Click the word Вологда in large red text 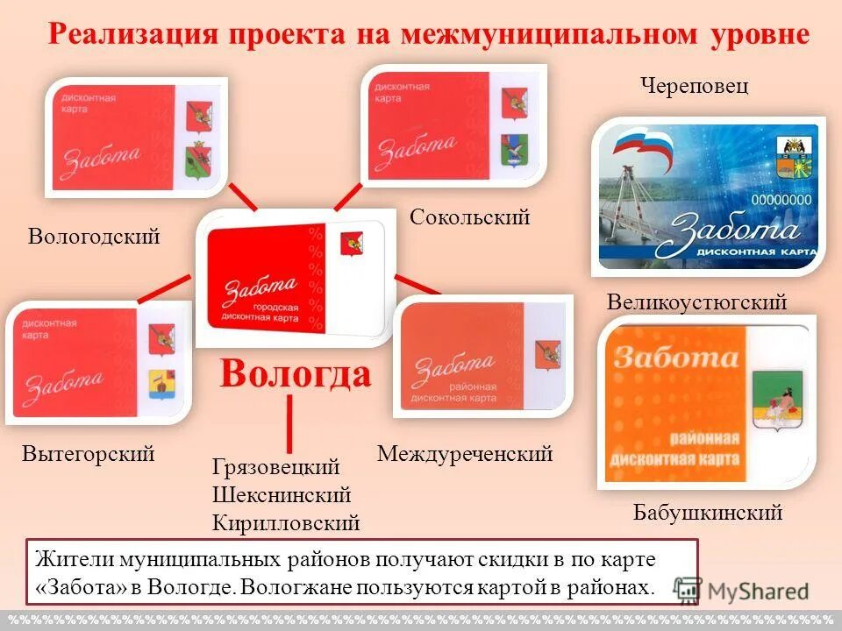pos(296,374)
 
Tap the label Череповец pos(694,87)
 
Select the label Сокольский pos(470,216)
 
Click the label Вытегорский pos(89,454)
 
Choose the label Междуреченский pos(465,454)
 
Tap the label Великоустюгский pos(697,302)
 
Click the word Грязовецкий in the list pos(276,467)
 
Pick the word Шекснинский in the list pos(282,495)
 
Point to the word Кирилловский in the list pos(286,523)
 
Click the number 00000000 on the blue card pos(784,200)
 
